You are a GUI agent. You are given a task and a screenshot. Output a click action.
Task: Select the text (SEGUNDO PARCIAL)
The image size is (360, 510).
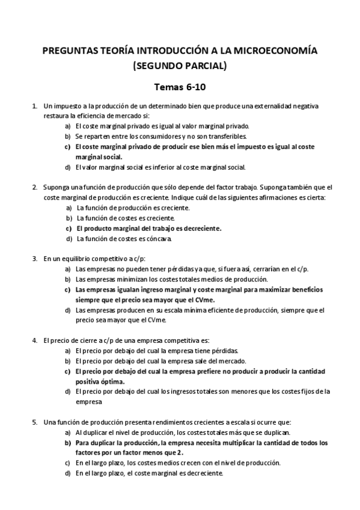point(180,66)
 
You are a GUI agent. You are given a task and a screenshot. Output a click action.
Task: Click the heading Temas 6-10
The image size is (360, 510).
point(180,87)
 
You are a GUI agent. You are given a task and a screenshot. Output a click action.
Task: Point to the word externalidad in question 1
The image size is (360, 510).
point(271,106)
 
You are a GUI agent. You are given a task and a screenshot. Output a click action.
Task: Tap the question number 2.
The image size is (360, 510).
point(34,187)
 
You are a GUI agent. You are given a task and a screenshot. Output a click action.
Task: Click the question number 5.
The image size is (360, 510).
point(34,423)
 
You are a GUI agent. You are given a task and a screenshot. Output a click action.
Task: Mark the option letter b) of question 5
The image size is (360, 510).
point(68,443)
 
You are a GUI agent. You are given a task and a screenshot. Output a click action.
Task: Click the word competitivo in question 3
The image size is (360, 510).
point(108,259)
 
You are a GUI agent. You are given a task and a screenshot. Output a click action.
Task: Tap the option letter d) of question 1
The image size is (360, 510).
point(68,167)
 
